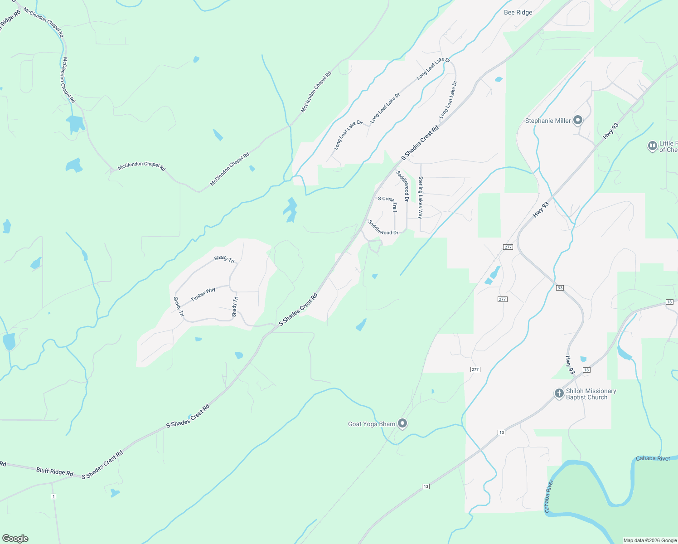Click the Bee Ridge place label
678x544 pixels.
click(x=518, y=13)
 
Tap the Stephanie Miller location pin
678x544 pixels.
click(x=578, y=121)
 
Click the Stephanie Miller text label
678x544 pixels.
click(x=548, y=121)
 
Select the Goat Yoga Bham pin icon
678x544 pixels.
click(x=402, y=423)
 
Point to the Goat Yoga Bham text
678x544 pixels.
click(x=372, y=424)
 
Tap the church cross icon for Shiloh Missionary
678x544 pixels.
click(x=559, y=393)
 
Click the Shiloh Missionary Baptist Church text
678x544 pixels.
click(x=591, y=394)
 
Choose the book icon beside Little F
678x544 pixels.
click(x=652, y=146)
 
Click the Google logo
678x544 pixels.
click(x=15, y=539)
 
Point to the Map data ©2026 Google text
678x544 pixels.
click(x=650, y=540)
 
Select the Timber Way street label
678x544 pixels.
click(x=203, y=294)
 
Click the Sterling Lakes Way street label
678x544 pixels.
click(x=421, y=197)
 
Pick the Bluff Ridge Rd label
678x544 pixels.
click(x=55, y=472)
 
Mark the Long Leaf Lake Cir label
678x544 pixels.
click(x=348, y=135)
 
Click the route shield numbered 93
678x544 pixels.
click(x=560, y=288)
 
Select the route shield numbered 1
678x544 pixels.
click(x=53, y=496)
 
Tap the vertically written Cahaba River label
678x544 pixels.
click(x=549, y=496)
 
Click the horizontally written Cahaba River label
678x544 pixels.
click(x=653, y=458)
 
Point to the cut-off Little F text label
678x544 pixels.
click(x=668, y=146)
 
